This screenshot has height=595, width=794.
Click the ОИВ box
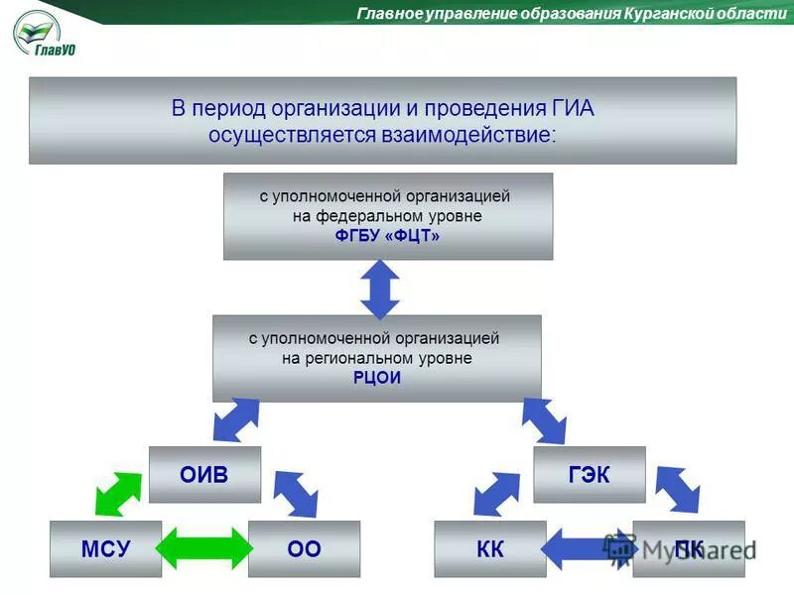point(204,474)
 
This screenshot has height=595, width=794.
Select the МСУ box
point(105,548)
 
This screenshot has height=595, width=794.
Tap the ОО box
point(304,548)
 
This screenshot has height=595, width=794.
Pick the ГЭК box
point(590,474)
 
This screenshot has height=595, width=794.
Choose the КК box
point(490,548)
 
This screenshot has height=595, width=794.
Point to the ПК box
point(689,548)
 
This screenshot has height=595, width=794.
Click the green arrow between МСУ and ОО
point(204,548)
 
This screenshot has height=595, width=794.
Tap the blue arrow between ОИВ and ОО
point(295,493)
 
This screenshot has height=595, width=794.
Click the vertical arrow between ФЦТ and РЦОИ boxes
point(379,288)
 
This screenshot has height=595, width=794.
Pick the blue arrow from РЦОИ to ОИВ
point(236,419)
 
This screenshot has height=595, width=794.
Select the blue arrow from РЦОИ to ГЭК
point(544,419)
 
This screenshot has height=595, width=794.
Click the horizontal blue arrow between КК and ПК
point(588,548)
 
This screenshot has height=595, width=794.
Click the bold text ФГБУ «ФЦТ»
point(388,236)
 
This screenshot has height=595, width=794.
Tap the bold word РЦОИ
point(377,378)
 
